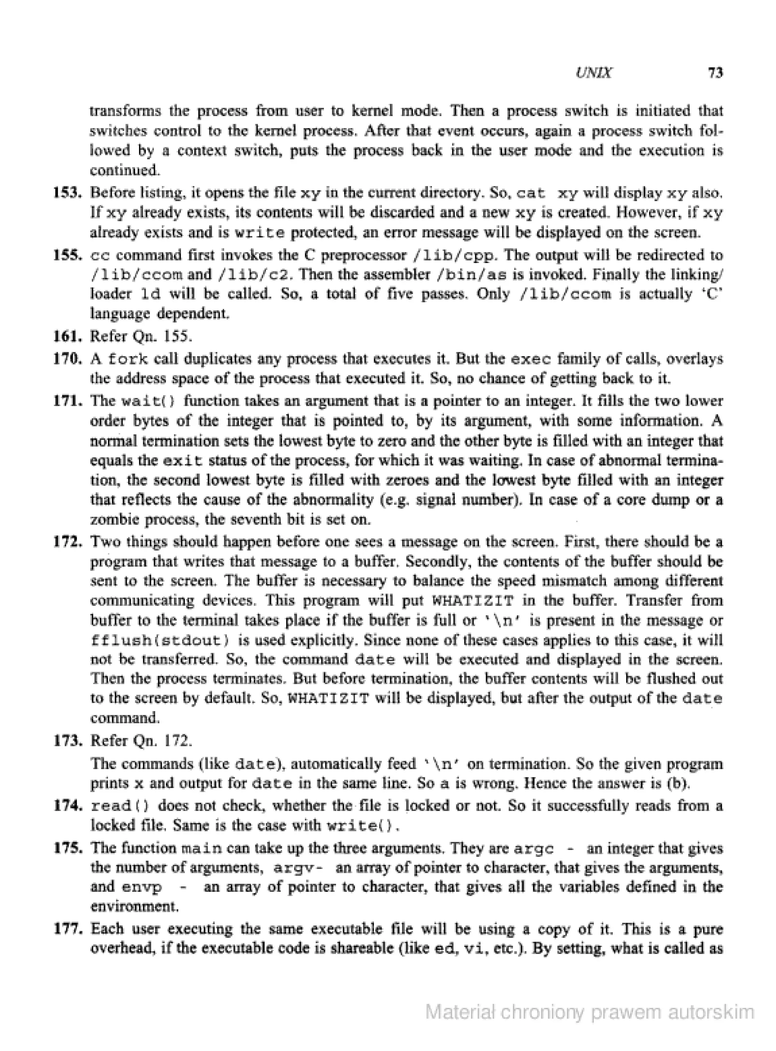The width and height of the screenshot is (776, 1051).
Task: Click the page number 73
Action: coord(715,73)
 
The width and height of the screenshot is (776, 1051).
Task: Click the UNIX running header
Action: coord(593,73)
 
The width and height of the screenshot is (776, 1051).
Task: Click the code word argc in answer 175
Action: coord(533,849)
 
